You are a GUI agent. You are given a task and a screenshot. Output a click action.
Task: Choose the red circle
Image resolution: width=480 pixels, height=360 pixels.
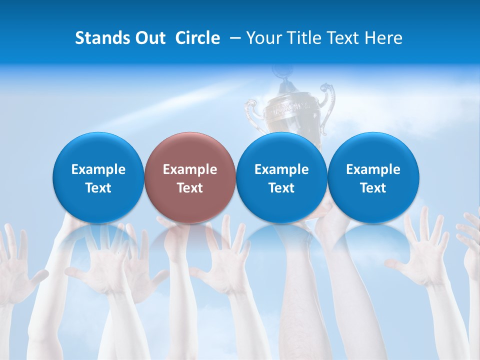[190, 177]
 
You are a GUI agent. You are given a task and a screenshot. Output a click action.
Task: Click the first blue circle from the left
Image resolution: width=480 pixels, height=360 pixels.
[98, 177]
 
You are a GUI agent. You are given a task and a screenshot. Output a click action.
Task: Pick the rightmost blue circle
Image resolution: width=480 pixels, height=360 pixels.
[373, 177]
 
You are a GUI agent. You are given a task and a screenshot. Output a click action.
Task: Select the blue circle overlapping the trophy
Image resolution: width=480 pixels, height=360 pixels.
[281, 177]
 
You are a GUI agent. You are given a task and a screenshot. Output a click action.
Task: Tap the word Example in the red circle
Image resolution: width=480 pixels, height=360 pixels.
[190, 169]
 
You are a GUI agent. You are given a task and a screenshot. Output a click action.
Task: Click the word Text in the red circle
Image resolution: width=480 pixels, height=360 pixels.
[190, 188]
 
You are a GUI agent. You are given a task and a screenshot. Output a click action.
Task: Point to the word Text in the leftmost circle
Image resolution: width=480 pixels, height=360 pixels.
[98, 188]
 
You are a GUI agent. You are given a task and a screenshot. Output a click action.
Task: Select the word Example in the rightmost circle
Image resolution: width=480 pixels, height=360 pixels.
[373, 169]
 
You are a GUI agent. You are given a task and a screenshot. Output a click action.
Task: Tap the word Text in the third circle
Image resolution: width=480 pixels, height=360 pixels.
[281, 188]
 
